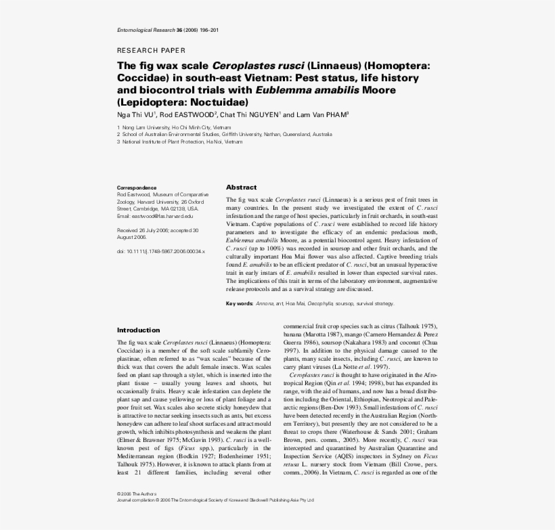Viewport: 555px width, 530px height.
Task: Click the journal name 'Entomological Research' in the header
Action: click(146, 30)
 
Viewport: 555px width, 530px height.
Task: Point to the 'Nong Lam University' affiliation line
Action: click(174, 127)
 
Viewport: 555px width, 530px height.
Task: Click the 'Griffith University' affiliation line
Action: click(224, 135)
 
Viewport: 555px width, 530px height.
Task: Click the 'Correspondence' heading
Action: click(137, 187)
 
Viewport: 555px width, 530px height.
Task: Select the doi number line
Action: click(160, 251)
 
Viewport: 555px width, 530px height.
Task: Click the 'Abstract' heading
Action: click(241, 187)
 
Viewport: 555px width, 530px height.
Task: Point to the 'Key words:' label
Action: click(240, 304)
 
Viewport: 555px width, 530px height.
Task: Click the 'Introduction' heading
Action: click(139, 330)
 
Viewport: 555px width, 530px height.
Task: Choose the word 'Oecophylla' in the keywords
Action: click(320, 304)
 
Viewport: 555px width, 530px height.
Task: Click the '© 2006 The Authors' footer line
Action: click(137, 494)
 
